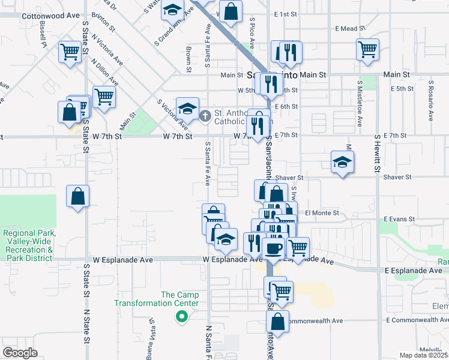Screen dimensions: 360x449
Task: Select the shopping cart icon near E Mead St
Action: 367,50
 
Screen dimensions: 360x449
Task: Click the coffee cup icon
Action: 273,248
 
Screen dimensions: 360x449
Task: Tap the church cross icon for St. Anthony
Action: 205,115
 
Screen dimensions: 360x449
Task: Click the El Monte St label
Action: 322,212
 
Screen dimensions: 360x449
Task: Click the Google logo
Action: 20,353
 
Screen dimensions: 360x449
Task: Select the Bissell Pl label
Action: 43,36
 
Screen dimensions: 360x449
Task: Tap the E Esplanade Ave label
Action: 420,271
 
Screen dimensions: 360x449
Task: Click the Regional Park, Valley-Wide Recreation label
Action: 29,245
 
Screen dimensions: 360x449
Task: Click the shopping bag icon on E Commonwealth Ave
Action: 277,321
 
